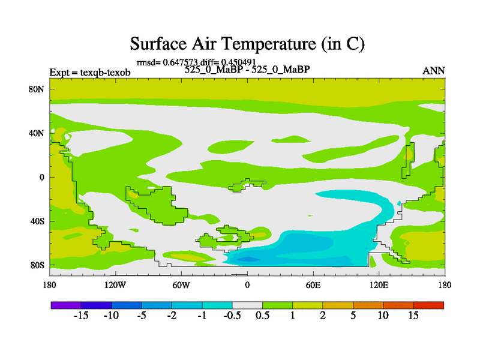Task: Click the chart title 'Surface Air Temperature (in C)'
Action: [x=247, y=44]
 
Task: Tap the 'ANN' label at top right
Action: [x=433, y=71]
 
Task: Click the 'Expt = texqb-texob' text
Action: [x=90, y=72]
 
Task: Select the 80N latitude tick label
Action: [x=37, y=89]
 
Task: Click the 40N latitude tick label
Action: [x=37, y=133]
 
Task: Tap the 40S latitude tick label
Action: [x=37, y=221]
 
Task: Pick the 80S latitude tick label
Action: [x=37, y=265]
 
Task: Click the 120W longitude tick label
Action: [x=115, y=286]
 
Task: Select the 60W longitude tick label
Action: [x=181, y=286]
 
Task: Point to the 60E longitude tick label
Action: [x=313, y=286]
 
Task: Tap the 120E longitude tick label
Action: [x=379, y=286]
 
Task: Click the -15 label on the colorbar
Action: [x=81, y=316]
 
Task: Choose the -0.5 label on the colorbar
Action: [x=232, y=316]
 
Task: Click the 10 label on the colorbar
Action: [x=383, y=316]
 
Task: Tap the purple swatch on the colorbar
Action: [x=66, y=305]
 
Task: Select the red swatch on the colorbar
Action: [x=428, y=305]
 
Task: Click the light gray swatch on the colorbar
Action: [x=247, y=305]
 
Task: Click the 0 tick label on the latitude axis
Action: [x=41, y=177]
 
